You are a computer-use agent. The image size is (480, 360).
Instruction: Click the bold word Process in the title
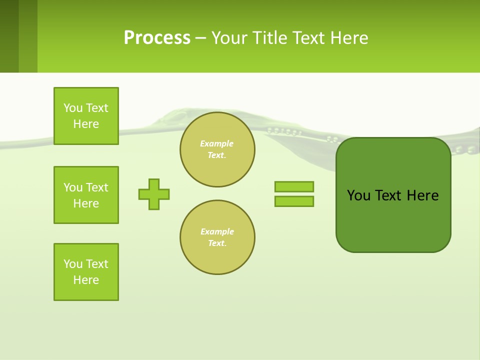point(157,38)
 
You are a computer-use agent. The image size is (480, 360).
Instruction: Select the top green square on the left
point(86,116)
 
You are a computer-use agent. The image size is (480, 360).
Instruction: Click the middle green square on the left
point(86,195)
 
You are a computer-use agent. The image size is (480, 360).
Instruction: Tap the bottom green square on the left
point(86,272)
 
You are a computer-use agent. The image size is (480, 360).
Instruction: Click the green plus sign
point(154,194)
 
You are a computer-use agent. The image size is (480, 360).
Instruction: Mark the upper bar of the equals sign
point(294,187)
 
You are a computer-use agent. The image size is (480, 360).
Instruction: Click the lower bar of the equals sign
point(294,201)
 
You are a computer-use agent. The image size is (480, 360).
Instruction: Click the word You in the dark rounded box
point(358,195)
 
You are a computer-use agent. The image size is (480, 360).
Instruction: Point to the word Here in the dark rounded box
point(422,195)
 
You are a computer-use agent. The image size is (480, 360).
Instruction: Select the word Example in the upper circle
point(216,144)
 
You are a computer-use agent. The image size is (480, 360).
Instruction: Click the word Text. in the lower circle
point(217,243)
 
